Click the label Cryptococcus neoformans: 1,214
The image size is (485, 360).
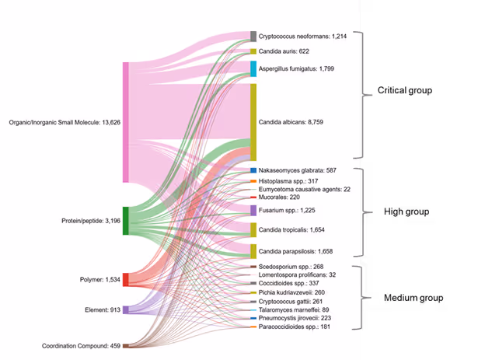pos(302,37)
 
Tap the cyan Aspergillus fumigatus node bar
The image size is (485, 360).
pos(253,68)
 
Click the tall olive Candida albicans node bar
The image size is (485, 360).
pos(253,122)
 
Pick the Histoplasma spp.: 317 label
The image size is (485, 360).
pos(288,181)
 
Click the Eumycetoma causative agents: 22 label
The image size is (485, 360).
pos(304,189)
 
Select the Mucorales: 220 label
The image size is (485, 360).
pos(279,197)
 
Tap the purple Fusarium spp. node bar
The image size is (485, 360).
pos(253,210)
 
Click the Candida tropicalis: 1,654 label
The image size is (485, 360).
pos(296,230)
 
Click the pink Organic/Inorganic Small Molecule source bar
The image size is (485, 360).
pos(126,122)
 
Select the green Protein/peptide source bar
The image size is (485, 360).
pos(126,221)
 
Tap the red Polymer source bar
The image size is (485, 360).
pos(126,279)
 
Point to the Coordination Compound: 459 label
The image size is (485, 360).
pos(82,345)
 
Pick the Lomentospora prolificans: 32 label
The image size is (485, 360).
pos(297,275)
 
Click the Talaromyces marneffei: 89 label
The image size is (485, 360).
pos(293,309)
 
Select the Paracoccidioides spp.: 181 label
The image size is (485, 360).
pos(297,327)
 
